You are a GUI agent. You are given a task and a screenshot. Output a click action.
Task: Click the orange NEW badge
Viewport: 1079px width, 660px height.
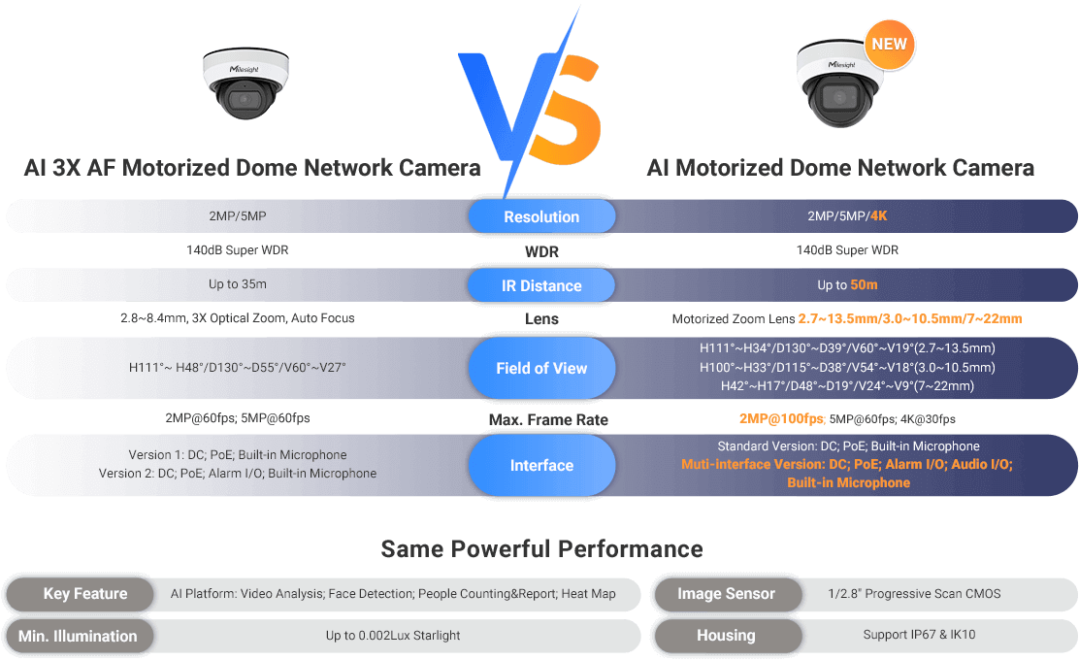point(890,44)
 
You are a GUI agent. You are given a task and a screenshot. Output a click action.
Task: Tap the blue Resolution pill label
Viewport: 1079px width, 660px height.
point(541,216)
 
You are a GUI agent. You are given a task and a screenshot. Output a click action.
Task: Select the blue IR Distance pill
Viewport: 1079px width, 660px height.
point(541,285)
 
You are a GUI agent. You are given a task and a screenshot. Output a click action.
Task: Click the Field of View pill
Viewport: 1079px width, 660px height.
point(541,368)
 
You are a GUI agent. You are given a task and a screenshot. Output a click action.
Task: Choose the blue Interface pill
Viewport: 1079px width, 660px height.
point(541,465)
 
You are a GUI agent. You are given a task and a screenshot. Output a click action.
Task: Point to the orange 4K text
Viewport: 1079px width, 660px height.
point(878,216)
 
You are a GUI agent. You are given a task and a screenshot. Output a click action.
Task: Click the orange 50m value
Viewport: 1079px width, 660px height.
point(864,285)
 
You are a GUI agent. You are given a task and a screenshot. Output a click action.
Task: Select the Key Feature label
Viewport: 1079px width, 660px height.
point(85,594)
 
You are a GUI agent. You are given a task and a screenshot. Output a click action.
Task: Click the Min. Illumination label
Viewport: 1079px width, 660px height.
point(78,637)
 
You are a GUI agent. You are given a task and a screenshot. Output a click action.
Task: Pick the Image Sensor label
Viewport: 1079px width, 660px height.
point(726,594)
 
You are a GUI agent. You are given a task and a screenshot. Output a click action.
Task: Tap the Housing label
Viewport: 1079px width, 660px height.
point(726,637)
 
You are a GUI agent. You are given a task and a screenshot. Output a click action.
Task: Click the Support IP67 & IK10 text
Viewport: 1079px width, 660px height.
point(919,636)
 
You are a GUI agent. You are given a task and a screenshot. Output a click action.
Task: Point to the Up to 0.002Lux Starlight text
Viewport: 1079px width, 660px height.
point(392,636)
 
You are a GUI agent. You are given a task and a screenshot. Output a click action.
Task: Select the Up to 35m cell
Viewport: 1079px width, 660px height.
point(238,285)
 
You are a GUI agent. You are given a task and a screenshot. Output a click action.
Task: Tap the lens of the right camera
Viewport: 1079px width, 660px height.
point(835,98)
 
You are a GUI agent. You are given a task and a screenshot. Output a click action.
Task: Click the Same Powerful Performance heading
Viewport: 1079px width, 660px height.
point(541,548)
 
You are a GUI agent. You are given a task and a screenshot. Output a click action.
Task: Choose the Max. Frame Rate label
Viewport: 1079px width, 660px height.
point(548,420)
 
